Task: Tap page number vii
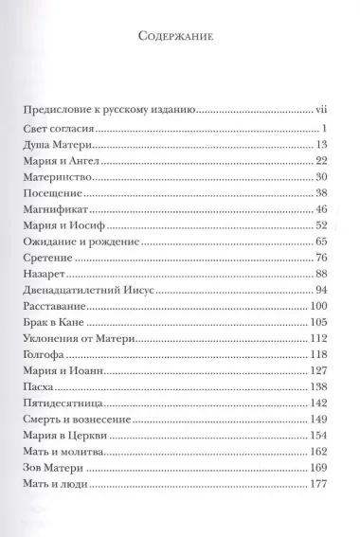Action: click(x=319, y=110)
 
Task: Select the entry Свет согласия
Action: click(x=60, y=128)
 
